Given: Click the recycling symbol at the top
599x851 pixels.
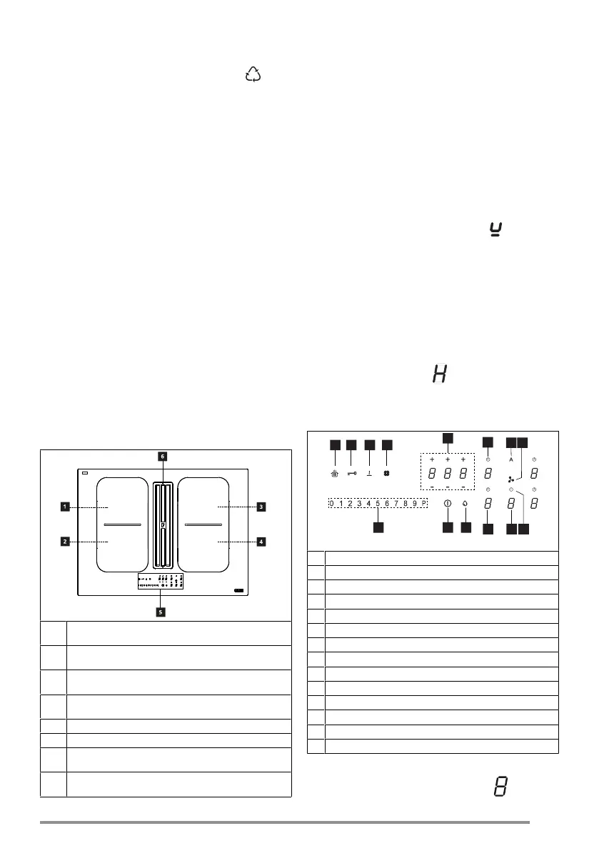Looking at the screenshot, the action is (253, 74).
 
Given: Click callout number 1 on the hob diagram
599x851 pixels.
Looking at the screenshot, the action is (64, 507).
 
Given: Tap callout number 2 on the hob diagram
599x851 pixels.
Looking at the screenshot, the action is (64, 542).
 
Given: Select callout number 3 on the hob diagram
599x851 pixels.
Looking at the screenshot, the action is (261, 507).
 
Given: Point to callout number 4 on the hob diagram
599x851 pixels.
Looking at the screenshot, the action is (261, 542).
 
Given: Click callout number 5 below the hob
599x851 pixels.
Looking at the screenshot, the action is (162, 612).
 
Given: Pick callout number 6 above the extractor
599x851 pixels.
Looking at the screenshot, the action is (163, 456).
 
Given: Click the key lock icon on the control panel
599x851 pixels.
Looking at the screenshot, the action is (351, 472).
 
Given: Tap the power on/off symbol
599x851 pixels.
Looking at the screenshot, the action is (448, 504).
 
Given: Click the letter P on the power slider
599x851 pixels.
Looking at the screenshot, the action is (424, 504).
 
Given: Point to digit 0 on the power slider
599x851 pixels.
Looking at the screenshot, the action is (332, 504).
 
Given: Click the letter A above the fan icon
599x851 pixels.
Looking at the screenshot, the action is (511, 461).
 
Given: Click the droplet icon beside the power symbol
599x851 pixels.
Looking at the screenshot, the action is (466, 504).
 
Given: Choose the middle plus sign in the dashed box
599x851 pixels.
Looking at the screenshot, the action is (448, 459).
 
